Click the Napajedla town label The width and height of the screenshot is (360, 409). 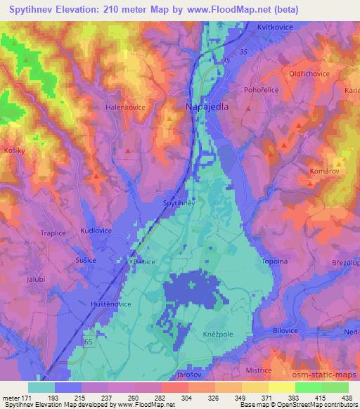coord(206,107)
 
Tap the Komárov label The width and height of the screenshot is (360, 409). coord(325,171)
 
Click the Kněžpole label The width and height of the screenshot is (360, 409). coord(218,335)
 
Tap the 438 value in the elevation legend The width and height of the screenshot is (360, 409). coord(347,398)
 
